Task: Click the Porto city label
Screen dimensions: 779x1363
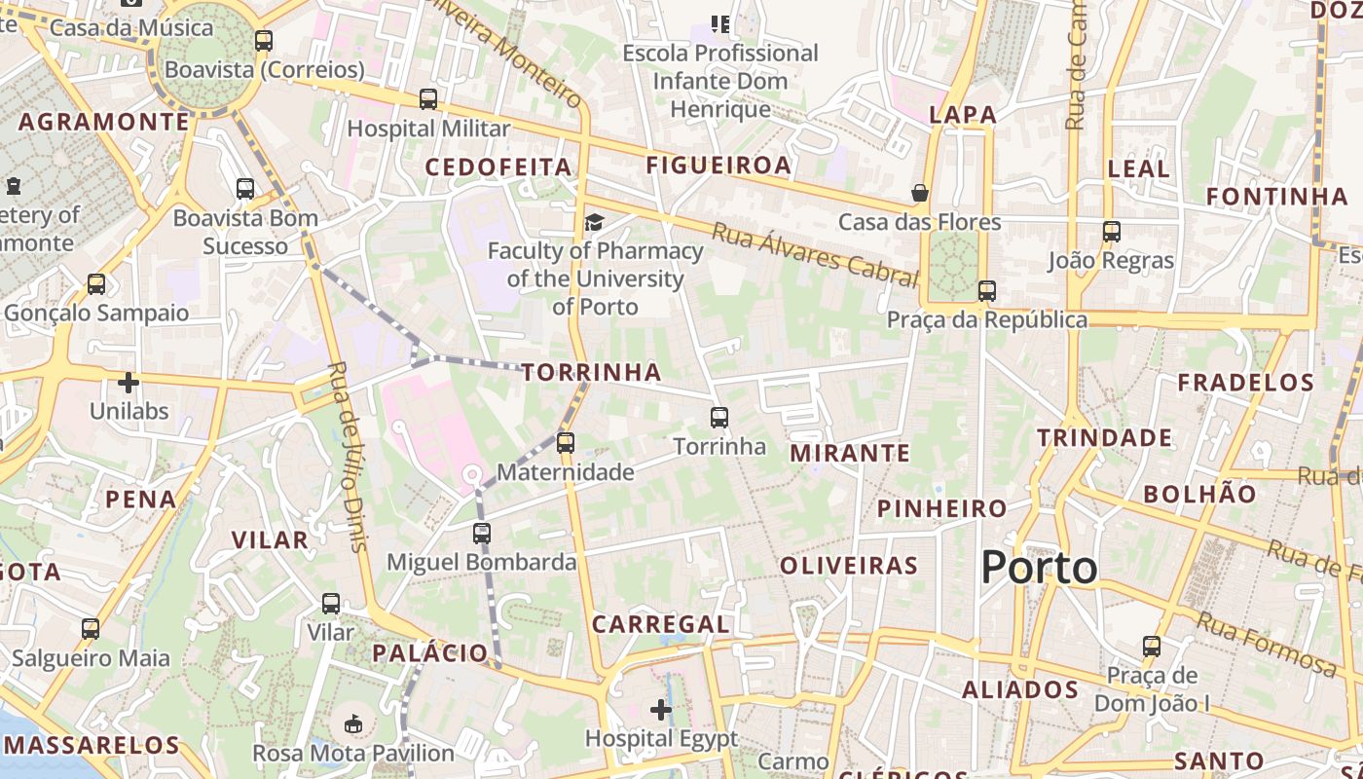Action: point(1039,567)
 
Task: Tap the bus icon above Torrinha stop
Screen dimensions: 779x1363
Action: point(719,418)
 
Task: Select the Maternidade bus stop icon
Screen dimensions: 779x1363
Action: point(565,443)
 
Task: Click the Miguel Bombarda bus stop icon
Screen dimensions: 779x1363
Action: point(482,534)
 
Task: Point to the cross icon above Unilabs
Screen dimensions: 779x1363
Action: point(129,382)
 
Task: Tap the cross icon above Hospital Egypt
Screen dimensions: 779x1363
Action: point(661,710)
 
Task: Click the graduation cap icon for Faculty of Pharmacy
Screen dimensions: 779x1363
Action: point(594,223)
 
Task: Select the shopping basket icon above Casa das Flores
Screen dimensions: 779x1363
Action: point(920,193)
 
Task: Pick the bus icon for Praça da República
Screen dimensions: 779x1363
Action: point(987,290)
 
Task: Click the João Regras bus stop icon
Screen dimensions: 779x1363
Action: point(1112,232)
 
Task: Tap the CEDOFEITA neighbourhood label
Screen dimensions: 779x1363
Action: point(498,167)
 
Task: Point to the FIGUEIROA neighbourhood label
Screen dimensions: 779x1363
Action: point(719,166)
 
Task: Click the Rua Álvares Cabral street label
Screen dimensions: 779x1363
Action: point(814,254)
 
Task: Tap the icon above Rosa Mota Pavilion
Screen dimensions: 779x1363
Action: point(353,724)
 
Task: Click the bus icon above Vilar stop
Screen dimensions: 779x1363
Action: point(331,604)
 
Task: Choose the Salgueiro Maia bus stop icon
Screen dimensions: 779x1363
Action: point(91,629)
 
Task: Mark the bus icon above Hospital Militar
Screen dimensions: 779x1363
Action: point(428,99)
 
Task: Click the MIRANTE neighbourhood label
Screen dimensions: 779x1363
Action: point(850,453)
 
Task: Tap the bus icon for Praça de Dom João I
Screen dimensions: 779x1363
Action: point(1152,646)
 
